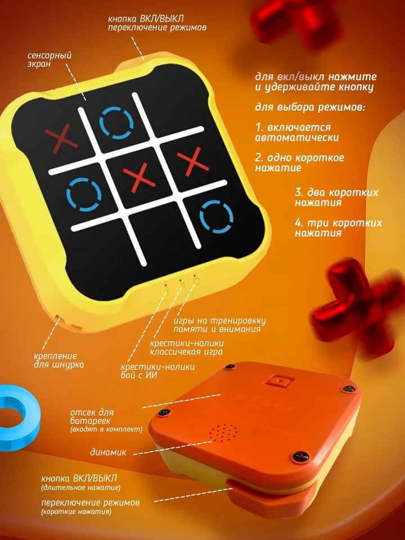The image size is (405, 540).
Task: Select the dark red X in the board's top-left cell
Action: [x=61, y=138]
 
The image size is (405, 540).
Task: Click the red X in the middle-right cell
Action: [x=193, y=162]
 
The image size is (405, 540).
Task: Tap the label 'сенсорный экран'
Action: [x=49, y=60]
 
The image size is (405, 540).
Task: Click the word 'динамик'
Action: [x=108, y=452]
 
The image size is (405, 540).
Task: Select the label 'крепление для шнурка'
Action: [x=58, y=360]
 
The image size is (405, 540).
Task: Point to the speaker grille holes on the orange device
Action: [x=224, y=432]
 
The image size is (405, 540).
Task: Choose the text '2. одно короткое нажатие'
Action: [x=299, y=163]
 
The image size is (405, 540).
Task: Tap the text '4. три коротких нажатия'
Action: [x=338, y=227]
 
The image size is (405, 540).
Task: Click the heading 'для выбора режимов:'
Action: [x=309, y=107]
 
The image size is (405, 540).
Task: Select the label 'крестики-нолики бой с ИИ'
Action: [x=157, y=371]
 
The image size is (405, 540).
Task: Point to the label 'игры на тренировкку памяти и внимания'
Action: [x=219, y=325]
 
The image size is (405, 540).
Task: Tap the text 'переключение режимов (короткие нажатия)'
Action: [x=91, y=507]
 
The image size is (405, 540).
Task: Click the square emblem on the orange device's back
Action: [x=280, y=382]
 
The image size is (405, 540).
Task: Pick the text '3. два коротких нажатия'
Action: [x=336, y=197]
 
